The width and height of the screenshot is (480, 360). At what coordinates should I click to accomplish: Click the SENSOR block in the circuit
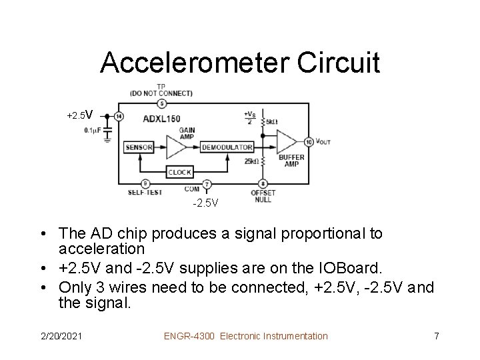tap(139, 147)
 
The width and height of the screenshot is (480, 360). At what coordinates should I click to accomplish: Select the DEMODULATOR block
tap(227, 147)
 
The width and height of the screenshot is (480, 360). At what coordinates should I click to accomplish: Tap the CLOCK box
tap(179, 171)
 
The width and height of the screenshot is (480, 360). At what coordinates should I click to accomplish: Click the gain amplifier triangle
tap(175, 147)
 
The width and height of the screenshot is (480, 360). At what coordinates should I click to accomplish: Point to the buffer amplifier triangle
tap(285, 141)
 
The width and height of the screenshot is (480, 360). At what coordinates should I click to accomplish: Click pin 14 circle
tap(119, 116)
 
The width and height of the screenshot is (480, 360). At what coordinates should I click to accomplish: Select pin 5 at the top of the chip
tap(161, 103)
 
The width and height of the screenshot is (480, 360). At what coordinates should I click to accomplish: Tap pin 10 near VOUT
tap(309, 141)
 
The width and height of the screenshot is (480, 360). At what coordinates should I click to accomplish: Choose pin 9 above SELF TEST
tap(145, 184)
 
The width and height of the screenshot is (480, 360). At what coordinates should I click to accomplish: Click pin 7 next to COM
tap(207, 184)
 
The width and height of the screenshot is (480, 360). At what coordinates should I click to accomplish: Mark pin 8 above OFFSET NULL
tap(263, 184)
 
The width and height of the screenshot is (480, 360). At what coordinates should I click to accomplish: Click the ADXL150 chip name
tap(161, 119)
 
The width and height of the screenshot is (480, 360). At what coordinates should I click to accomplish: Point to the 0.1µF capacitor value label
tap(93, 130)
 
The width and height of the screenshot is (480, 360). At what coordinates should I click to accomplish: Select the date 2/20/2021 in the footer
tap(61, 336)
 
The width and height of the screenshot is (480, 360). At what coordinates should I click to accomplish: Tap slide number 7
tap(436, 336)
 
